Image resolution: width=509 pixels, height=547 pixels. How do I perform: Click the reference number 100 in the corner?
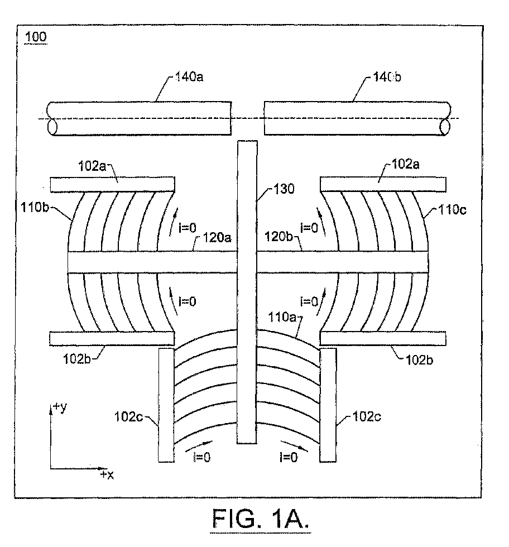pos(36,37)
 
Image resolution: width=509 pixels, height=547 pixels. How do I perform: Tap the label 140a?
pos(189,77)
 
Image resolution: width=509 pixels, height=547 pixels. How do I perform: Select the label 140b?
pos(387,77)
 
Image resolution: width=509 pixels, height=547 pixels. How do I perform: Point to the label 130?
pos(284,189)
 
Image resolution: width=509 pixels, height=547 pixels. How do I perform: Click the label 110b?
pos(35,208)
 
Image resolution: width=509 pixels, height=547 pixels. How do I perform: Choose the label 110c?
pos(452,210)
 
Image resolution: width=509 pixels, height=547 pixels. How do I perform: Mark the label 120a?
pos(217,238)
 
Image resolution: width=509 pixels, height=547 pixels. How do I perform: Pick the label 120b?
pos(278,237)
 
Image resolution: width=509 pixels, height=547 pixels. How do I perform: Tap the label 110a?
pos(282,317)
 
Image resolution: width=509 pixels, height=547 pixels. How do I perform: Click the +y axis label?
pos(60,407)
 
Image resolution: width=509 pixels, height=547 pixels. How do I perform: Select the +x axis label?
pos(107,474)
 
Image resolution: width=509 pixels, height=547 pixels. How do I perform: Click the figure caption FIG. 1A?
pos(260,519)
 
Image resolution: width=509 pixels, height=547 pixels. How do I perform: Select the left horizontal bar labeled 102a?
pos(112,185)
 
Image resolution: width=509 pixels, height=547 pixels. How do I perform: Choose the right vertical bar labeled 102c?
pos(328,405)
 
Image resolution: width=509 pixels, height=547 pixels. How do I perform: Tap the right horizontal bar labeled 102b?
pos(383,339)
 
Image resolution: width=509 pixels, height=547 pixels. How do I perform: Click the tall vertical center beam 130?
pos(247,292)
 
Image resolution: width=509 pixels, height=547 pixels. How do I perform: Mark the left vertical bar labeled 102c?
pos(166,405)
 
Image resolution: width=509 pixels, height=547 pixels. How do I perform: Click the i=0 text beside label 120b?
pos(309,228)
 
